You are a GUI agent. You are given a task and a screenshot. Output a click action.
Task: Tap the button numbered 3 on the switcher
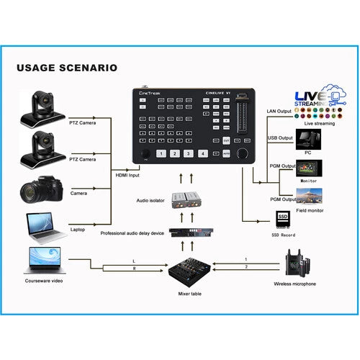[x=187, y=153]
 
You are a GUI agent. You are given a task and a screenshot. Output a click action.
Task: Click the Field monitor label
[x=309, y=211]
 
